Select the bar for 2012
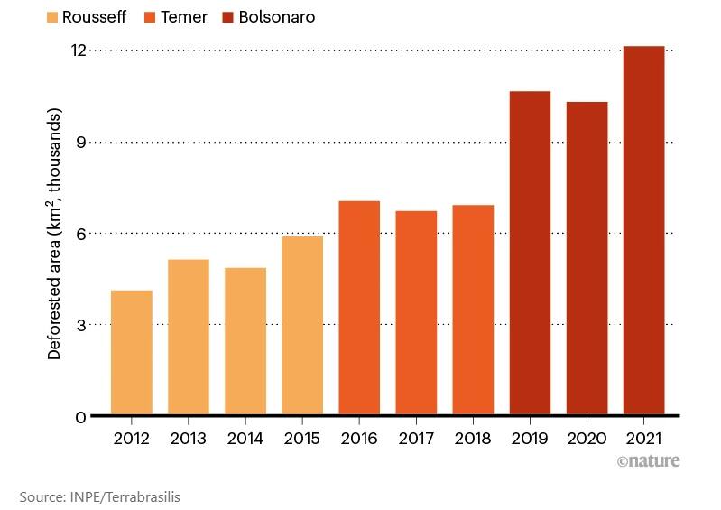pos(131,352)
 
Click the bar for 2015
pos(302,325)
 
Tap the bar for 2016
pos(359,308)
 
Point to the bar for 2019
pos(530,253)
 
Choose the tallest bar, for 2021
pos(643,230)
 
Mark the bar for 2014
pos(245,341)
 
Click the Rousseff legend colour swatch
pos(51,17)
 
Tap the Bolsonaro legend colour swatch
pos(227,17)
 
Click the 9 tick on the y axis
pos(81,142)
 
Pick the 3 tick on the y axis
pos(81,325)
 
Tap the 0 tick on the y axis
pos(81,416)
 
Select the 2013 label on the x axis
pos(188,439)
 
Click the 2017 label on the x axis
pos(416,439)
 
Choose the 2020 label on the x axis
pos(587,439)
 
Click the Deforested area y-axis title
pos(55,235)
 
